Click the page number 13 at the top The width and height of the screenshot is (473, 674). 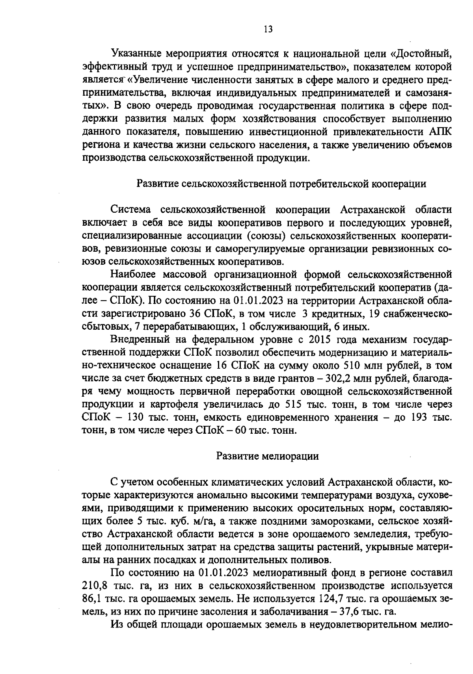click(x=268, y=30)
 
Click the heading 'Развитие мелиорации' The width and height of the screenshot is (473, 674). click(x=268, y=456)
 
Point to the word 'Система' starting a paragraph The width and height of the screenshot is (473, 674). click(x=132, y=210)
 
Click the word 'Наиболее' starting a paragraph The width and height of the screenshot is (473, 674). click(x=134, y=275)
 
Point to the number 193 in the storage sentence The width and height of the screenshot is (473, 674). click(x=418, y=418)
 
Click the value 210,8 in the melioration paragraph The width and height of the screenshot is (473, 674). click(x=93, y=584)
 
